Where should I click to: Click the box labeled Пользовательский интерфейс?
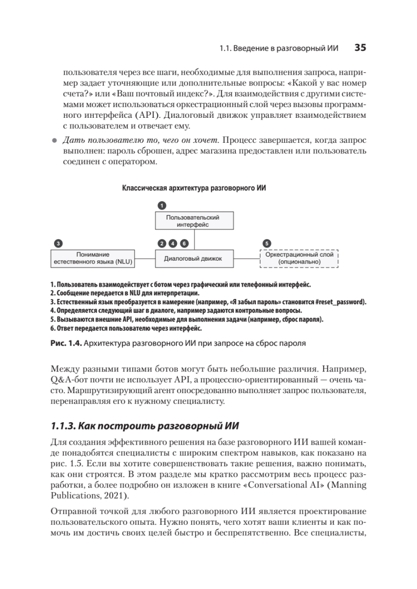tap(195, 221)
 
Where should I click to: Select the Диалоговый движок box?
tap(195, 259)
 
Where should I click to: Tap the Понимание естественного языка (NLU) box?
tap(93, 259)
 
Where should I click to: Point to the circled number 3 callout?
tap(58, 243)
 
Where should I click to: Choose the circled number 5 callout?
tap(266, 243)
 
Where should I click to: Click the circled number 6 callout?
tap(184, 243)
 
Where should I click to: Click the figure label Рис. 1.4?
tap(66, 344)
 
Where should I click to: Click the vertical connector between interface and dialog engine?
tap(195, 240)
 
